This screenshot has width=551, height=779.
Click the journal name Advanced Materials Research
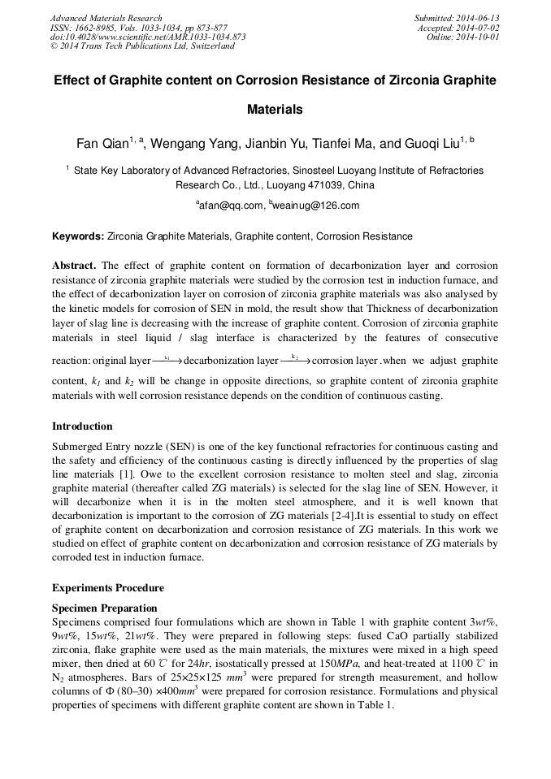pyautogui.click(x=106, y=18)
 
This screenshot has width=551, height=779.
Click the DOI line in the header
pyautogui.click(x=149, y=37)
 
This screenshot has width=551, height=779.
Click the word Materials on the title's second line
pyautogui.click(x=275, y=109)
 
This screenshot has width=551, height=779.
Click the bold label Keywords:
pyautogui.click(x=78, y=236)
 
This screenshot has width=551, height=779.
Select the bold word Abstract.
pyautogui.click(x=74, y=266)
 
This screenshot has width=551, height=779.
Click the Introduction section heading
pyautogui.click(x=82, y=426)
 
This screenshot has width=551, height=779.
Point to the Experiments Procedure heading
pyautogui.click(x=108, y=587)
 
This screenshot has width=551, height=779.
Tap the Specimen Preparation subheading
pyautogui.click(x=105, y=608)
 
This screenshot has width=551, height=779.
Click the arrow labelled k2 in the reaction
pyautogui.click(x=295, y=360)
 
